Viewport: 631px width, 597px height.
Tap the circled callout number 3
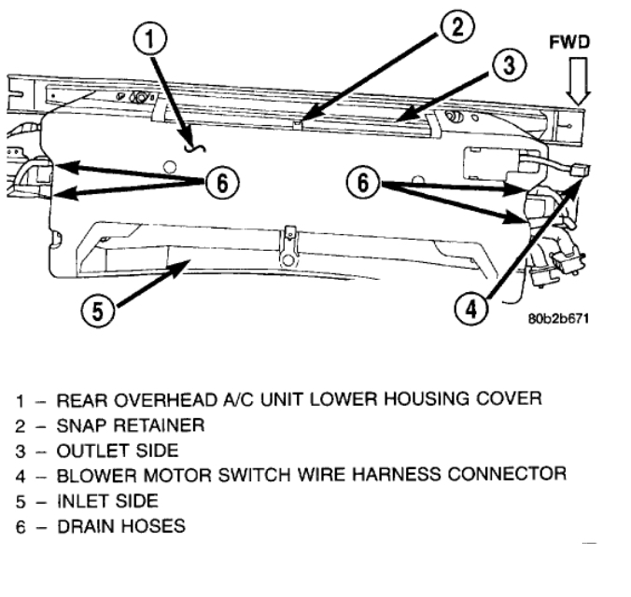pos(508,66)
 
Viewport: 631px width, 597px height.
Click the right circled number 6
pos(364,181)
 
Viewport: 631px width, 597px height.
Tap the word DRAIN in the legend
pos(80,526)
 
